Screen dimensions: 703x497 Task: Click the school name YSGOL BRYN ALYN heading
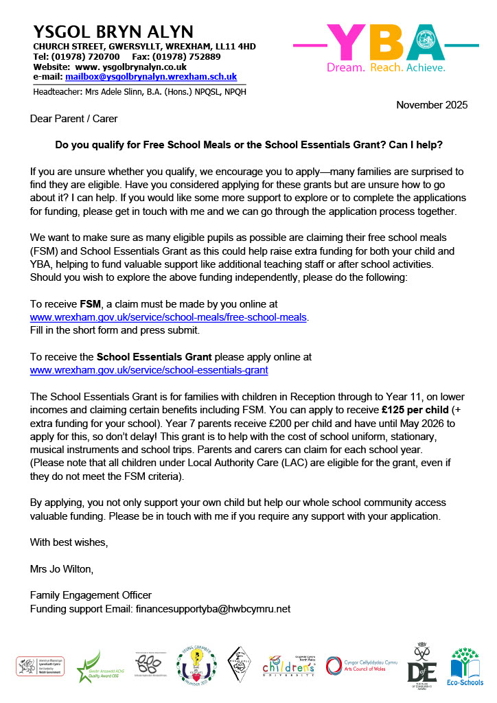pos(113,32)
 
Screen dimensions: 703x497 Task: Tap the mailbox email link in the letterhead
pos(151,77)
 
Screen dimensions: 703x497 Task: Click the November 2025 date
pos(432,105)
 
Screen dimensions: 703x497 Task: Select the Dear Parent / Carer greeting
pos(73,118)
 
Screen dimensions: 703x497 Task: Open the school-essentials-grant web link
pos(149,370)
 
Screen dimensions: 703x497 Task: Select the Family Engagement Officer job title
pos(91,595)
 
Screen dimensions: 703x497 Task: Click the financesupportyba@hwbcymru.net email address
pos(213,608)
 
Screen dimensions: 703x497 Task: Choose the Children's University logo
pos(289,666)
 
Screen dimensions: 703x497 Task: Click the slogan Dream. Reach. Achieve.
pos(385,68)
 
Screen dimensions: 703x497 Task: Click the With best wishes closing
pos(69,542)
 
